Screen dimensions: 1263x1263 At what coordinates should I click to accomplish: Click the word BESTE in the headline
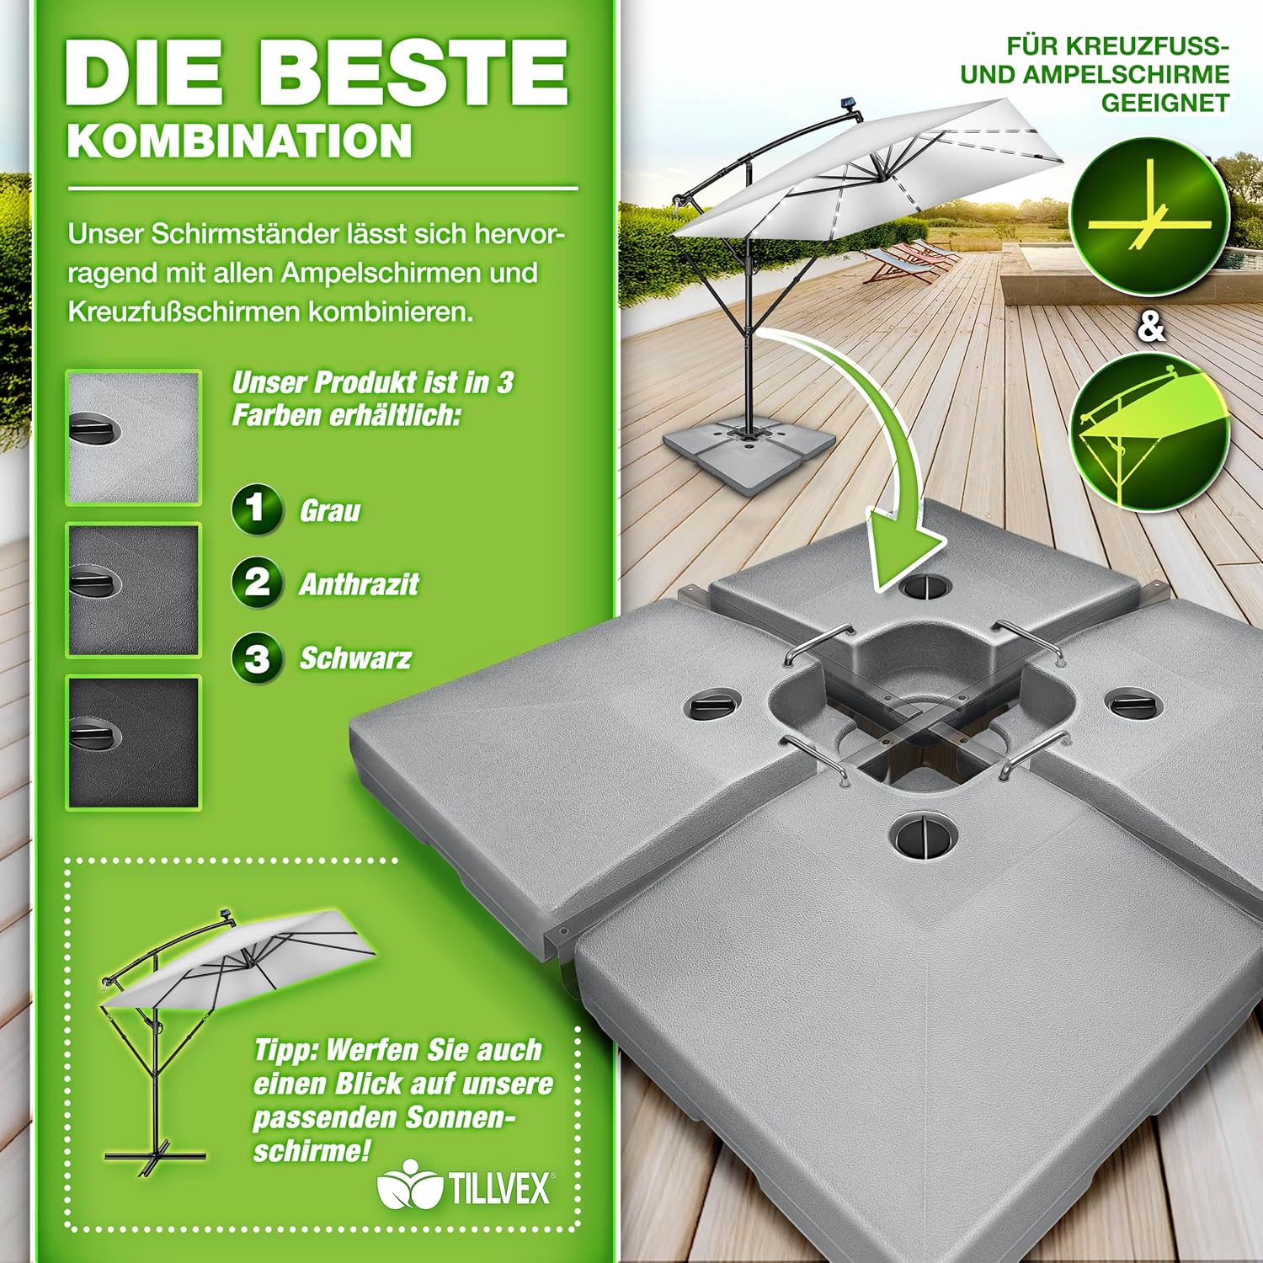coord(413,72)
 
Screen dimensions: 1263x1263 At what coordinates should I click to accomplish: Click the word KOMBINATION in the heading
coord(240,141)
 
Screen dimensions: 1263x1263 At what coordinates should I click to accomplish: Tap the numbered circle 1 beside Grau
coord(257,509)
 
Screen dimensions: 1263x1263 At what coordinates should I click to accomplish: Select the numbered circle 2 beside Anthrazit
coord(257,583)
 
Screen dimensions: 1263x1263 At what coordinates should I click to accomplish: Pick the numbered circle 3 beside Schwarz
coord(257,657)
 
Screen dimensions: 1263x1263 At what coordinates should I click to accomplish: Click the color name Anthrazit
coord(359,584)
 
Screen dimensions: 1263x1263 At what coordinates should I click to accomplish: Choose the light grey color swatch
coord(134,438)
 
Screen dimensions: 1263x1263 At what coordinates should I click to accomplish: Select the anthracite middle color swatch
coord(134,590)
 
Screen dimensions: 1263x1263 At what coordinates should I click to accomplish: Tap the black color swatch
coord(134,743)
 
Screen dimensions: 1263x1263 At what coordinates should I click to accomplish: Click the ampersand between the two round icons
coord(1151,327)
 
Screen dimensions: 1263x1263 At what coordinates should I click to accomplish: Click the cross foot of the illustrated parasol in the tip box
coord(156,1154)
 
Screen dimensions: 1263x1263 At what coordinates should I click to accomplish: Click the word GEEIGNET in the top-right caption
coord(1166,104)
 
